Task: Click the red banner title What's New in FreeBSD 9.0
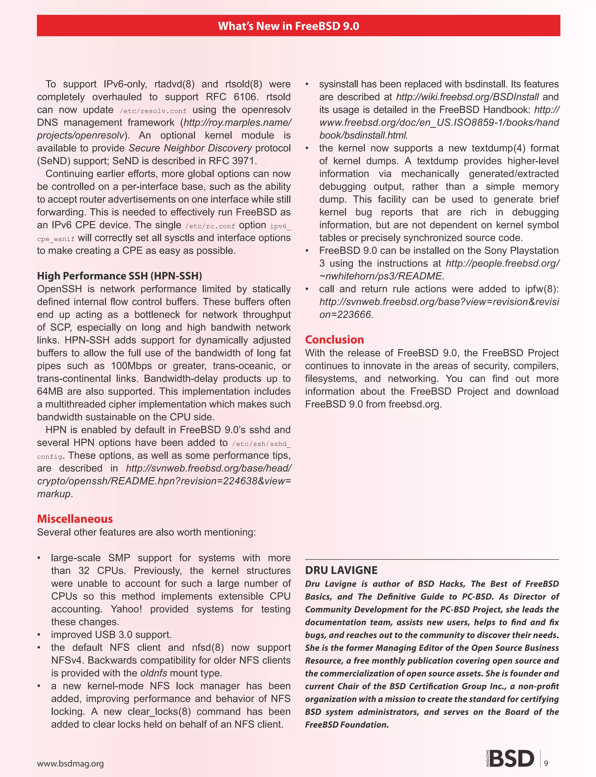click(288, 26)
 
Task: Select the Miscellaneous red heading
click(75, 519)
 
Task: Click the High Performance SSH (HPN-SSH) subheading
click(119, 276)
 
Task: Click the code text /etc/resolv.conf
click(153, 111)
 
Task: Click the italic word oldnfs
click(154, 673)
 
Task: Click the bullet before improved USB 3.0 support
click(39, 635)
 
